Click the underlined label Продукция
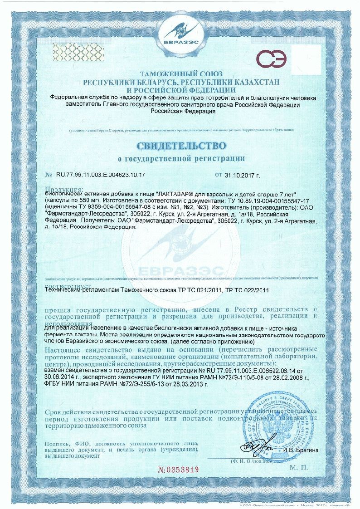[x=63, y=189]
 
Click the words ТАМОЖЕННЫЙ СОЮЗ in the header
[x=180, y=74]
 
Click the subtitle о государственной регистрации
[x=180, y=158]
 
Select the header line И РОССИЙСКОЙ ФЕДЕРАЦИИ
[x=180, y=90]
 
